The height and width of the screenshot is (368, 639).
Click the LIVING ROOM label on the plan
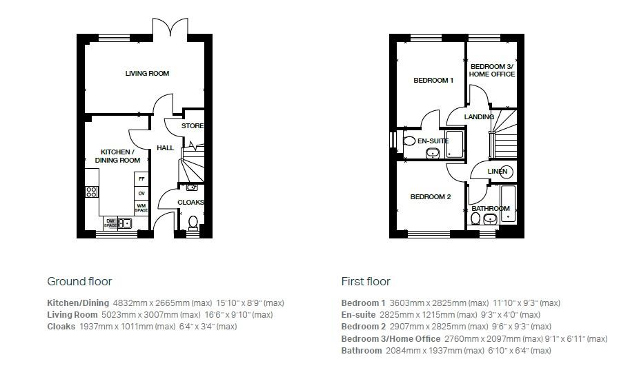pyautogui.click(x=147, y=74)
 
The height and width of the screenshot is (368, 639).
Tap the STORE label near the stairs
pyautogui.click(x=193, y=126)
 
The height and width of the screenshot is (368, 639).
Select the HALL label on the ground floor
pyautogui.click(x=165, y=148)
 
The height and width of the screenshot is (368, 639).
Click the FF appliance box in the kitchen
pyautogui.click(x=141, y=179)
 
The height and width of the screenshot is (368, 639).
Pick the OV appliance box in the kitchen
pyautogui.click(x=141, y=193)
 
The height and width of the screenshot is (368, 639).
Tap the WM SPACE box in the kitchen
pyautogui.click(x=141, y=207)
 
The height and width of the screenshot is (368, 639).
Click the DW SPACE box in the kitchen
pyautogui.click(x=110, y=223)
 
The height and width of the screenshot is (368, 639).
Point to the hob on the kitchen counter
pyautogui.click(x=91, y=192)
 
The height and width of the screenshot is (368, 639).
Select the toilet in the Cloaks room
pyautogui.click(x=193, y=222)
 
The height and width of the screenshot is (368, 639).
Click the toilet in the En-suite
pyautogui.click(x=408, y=141)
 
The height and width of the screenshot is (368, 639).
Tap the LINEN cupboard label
pyautogui.click(x=498, y=171)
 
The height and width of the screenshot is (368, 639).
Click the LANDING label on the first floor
pyautogui.click(x=479, y=117)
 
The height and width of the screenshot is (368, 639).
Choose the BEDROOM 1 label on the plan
pyautogui.click(x=433, y=81)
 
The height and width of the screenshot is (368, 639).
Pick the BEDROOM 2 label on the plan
pyautogui.click(x=430, y=197)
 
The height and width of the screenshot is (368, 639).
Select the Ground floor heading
pyautogui.click(x=79, y=281)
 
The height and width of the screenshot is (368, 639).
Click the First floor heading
pyautogui.click(x=366, y=281)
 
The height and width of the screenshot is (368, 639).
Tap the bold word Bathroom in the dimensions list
pyautogui.click(x=362, y=351)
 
